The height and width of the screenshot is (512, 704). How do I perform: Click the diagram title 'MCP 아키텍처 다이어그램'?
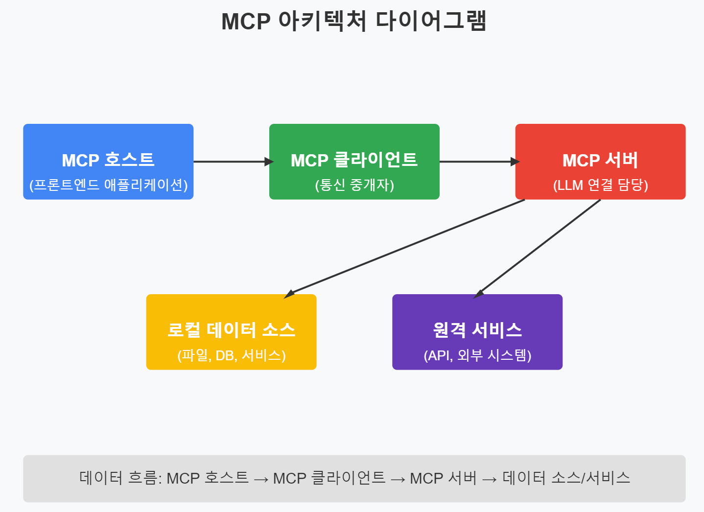click(353, 22)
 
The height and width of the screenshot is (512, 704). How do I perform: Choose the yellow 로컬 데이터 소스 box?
click(231, 313)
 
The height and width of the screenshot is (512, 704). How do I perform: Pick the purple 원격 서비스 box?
click(477, 313)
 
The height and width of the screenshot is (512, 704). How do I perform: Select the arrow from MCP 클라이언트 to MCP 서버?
click(477, 162)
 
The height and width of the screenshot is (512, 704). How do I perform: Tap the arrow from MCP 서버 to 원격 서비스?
click(537, 249)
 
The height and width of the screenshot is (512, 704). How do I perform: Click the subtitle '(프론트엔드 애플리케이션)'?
click(108, 185)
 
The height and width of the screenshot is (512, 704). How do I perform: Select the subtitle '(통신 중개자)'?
click(354, 185)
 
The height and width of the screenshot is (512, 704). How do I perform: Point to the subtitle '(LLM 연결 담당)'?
click(600, 185)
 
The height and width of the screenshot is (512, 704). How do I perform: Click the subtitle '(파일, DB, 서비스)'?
click(231, 355)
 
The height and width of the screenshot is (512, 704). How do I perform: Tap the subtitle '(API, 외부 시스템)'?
click(477, 355)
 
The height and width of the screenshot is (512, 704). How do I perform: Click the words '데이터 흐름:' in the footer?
click(120, 478)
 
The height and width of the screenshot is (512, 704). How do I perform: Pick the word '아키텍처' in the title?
click(322, 22)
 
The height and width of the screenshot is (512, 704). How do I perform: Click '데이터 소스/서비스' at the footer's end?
click(566, 478)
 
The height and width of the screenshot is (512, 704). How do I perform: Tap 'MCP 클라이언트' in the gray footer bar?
click(329, 478)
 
